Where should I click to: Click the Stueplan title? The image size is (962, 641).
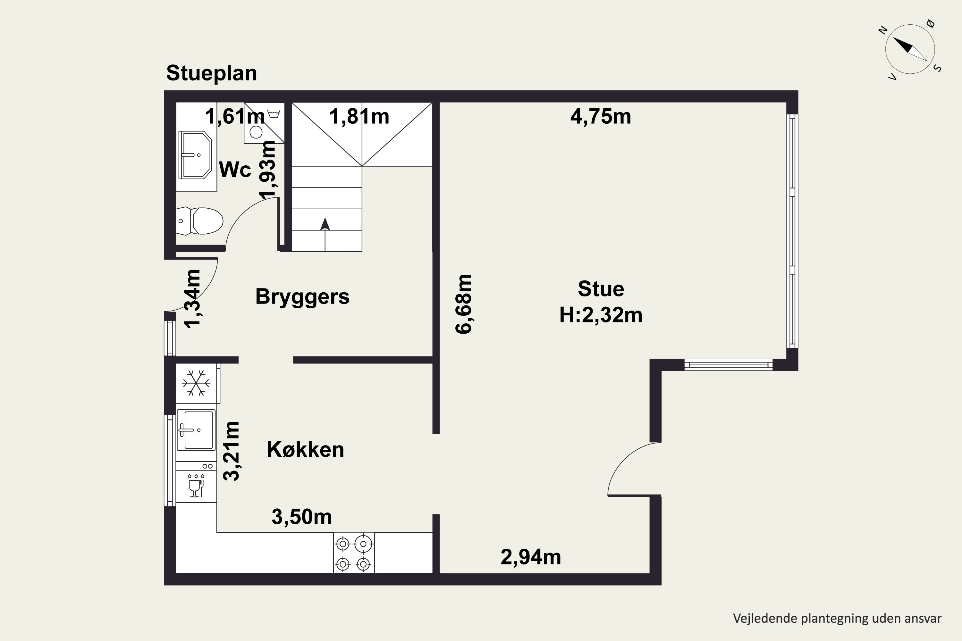point(211,74)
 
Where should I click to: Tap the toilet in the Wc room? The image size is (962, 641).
point(199,221)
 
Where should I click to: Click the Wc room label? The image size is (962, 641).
point(235,169)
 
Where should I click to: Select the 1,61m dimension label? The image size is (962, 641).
point(235,117)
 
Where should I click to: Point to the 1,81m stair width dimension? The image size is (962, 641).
point(359,117)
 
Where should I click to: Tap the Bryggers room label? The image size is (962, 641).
point(302,297)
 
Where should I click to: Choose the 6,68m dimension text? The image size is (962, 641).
point(464,304)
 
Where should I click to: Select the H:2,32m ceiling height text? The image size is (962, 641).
point(601,315)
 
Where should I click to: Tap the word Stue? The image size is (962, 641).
point(601,289)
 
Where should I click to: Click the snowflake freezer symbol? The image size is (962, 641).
point(196,383)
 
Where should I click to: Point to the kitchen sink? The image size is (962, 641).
point(196,430)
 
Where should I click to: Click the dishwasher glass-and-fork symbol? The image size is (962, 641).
point(196,485)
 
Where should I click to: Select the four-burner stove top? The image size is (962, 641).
point(354,553)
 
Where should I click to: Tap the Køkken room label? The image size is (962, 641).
point(306,450)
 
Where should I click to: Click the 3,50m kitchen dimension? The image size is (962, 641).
point(301,517)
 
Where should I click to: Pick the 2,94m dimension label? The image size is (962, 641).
point(530,557)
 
